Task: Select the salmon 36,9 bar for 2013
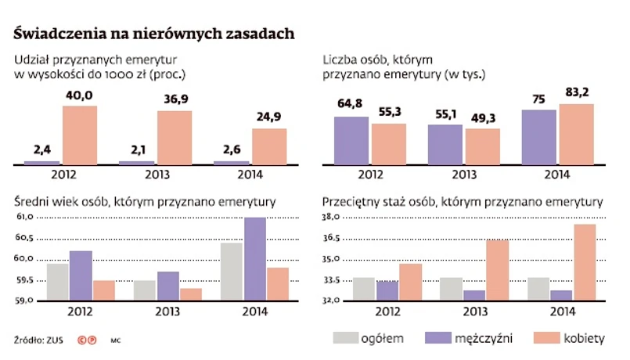pos(174,138)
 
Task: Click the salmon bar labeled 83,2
pos(577,135)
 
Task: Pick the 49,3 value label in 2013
pos(483,117)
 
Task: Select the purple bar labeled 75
pos(538,137)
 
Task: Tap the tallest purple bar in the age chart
pos(255,259)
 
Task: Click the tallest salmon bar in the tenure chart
pos(585,263)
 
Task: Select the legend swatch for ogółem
pos(344,338)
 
